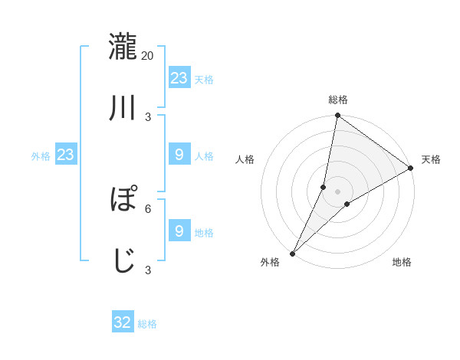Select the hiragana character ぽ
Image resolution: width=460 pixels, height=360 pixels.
[123, 198]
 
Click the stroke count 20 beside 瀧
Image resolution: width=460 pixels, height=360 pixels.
[148, 55]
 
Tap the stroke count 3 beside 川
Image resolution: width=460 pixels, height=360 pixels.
[148, 116]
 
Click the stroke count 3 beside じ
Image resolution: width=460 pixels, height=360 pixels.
[148, 270]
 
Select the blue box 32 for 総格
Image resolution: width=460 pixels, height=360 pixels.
[123, 322]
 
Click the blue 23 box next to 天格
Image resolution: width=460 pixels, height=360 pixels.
[179, 78]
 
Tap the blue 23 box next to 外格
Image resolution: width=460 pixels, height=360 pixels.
[66, 155]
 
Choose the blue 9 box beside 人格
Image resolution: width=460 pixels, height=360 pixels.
[179, 155]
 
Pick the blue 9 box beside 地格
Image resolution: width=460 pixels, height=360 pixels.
[179, 231]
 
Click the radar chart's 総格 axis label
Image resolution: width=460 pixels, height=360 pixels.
[338, 100]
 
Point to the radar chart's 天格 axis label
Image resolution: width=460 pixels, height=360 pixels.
[432, 159]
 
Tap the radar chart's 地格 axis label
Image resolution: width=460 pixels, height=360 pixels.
[402, 262]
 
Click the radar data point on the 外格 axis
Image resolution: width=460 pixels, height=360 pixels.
[292, 253]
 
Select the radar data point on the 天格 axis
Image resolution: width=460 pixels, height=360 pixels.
[411, 168]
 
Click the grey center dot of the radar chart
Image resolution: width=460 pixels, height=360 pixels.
[338, 191]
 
